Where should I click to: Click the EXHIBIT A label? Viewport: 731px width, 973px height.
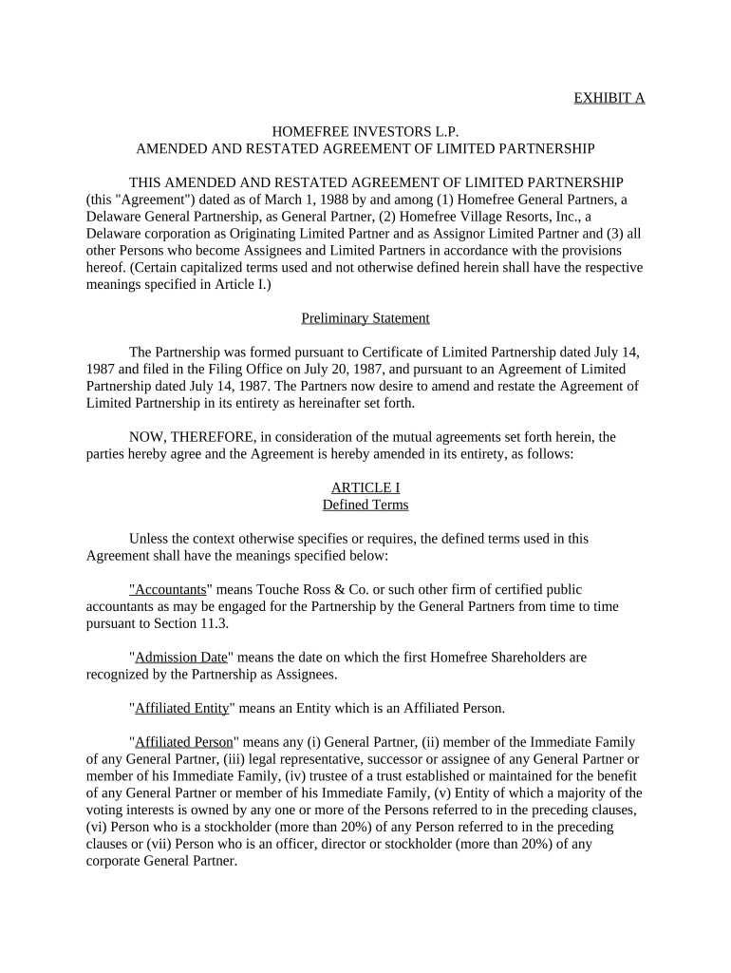coord(609,98)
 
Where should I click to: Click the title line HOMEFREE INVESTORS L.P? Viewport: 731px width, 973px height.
coord(365,132)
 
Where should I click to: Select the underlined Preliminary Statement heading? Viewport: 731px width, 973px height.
coord(365,318)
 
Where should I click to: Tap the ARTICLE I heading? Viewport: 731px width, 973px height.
coord(365,488)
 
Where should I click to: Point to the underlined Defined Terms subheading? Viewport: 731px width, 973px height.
coord(365,505)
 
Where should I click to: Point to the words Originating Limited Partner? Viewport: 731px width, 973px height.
coord(305,234)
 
